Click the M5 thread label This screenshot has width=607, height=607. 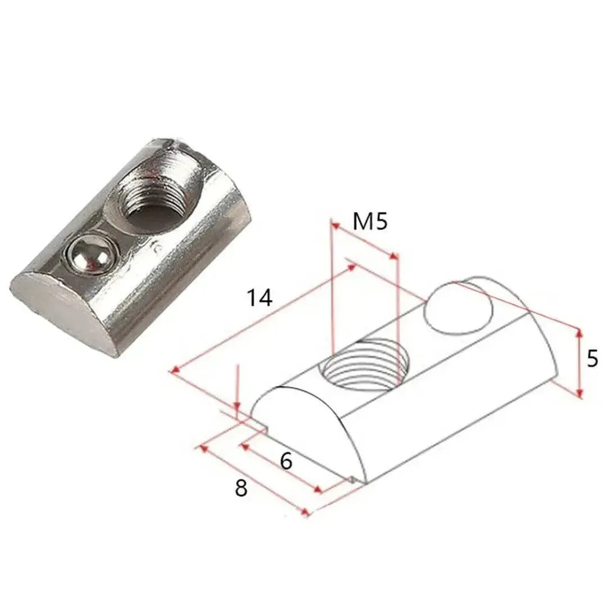tap(370, 222)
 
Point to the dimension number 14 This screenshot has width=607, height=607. tap(260, 298)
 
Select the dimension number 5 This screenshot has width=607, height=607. tap(592, 358)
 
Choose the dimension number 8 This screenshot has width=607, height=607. tap(241, 488)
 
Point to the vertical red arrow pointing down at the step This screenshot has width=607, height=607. tap(238, 393)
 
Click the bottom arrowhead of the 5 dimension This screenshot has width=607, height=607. tap(579, 393)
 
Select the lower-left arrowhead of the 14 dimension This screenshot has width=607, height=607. tap(175, 370)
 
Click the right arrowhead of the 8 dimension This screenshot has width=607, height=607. tap(306, 513)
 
